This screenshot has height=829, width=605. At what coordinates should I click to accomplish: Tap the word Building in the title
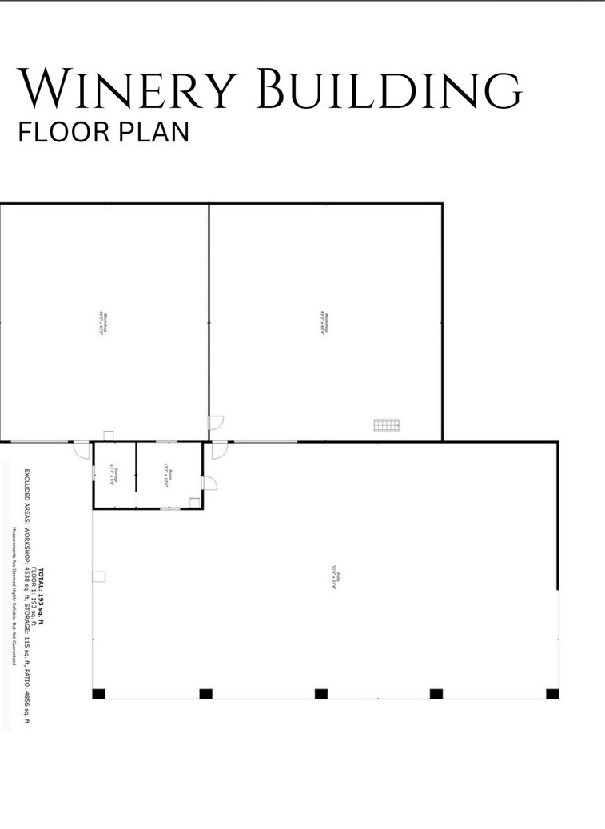[x=392, y=90]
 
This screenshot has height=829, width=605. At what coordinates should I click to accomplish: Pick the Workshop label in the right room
[x=325, y=322]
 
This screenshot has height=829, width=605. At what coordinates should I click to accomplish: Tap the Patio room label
[x=336, y=577]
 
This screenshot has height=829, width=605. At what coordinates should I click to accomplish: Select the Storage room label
[x=113, y=476]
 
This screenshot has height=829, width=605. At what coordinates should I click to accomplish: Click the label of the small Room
[x=168, y=476]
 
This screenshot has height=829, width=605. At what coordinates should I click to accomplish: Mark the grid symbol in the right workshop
[x=387, y=425]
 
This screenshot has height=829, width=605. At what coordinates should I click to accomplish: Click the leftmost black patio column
[x=98, y=694]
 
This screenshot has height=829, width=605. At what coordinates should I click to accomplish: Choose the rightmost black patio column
[x=552, y=694]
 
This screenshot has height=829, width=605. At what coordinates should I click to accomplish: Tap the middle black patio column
[x=321, y=694]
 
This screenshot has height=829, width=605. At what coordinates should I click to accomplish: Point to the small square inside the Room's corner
[x=194, y=501]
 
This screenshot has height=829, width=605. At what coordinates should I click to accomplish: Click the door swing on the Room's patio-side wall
[x=209, y=483]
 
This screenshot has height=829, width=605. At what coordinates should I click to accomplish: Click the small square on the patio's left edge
[x=99, y=576]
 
